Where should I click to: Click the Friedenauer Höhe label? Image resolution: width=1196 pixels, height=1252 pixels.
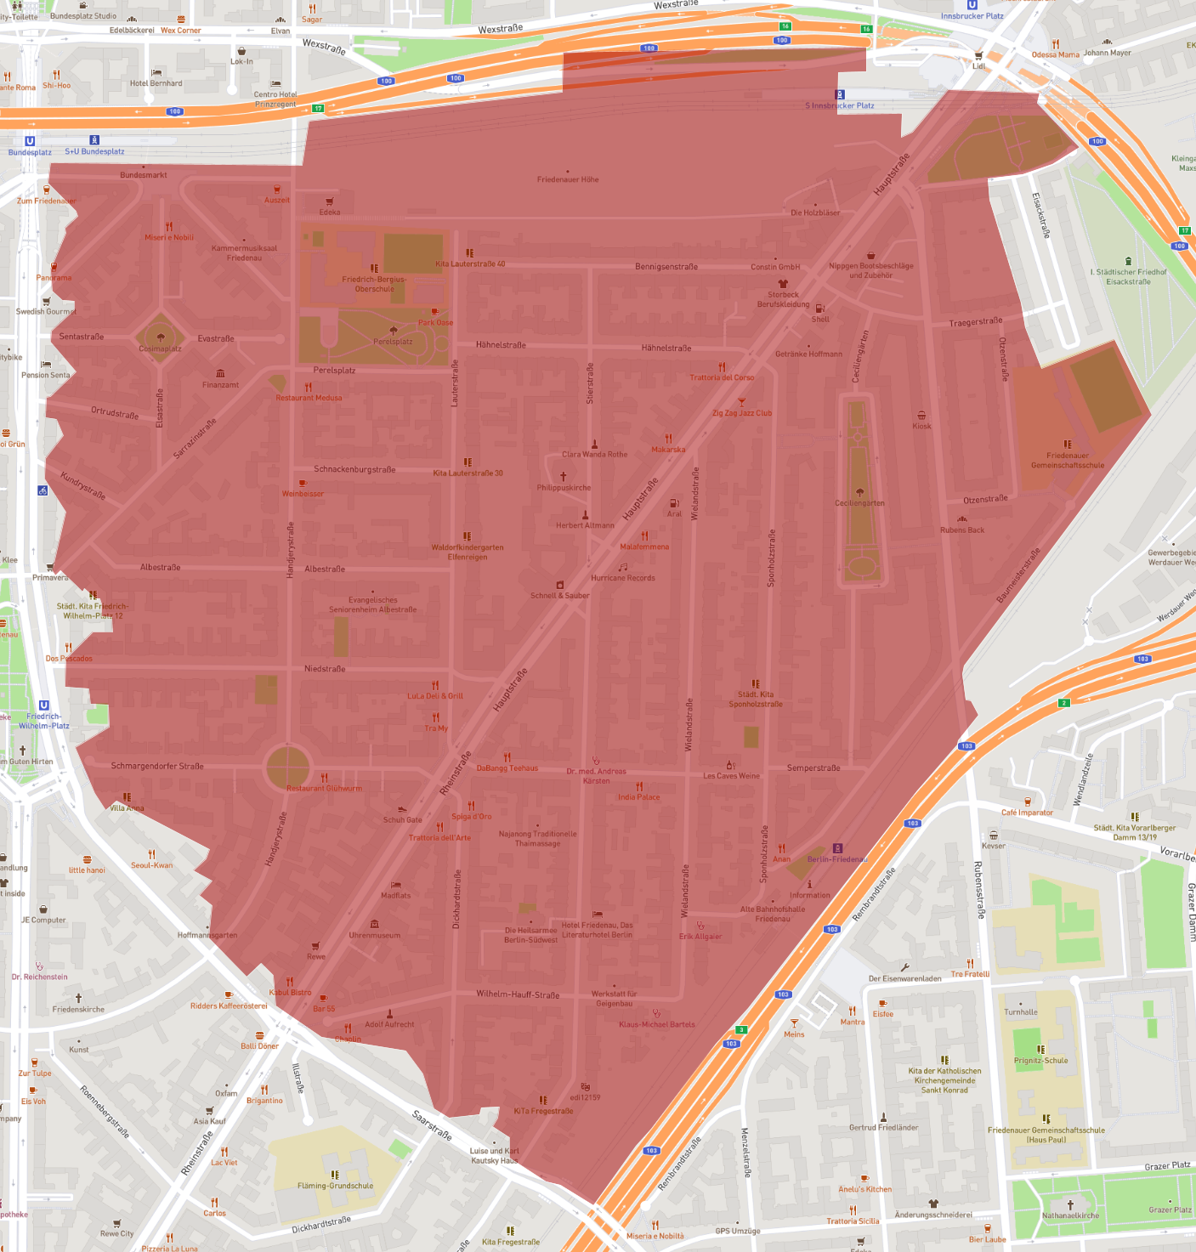click(x=568, y=179)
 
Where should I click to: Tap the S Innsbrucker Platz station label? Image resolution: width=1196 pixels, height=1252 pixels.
click(x=840, y=105)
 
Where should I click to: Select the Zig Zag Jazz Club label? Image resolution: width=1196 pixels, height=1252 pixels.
click(x=742, y=413)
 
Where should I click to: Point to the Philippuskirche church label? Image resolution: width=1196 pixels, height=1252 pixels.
click(x=564, y=488)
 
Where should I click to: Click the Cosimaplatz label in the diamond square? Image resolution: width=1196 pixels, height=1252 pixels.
click(x=160, y=348)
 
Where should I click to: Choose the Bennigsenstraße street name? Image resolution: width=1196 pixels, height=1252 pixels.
click(x=666, y=267)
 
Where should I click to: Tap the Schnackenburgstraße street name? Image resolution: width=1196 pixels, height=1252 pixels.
click(x=354, y=469)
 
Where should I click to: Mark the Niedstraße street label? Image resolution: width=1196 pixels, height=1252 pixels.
click(x=325, y=669)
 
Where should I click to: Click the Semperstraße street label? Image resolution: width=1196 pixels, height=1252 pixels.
click(x=813, y=768)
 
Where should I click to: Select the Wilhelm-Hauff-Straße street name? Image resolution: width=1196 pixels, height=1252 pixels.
click(x=518, y=994)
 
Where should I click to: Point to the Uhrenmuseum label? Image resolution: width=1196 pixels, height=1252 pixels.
click(x=374, y=935)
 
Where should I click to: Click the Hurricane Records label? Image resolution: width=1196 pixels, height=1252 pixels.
click(x=623, y=578)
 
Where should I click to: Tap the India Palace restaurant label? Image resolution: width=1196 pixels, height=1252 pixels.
click(x=638, y=797)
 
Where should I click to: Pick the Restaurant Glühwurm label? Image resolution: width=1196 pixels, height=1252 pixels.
click(x=324, y=788)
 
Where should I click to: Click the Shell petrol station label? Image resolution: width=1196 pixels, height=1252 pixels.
click(x=820, y=319)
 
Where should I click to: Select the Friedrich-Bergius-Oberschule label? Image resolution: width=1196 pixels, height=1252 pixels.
click(x=374, y=284)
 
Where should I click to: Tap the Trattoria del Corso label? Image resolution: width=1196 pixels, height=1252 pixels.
click(x=722, y=377)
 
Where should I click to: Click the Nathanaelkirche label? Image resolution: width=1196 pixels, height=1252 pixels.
click(x=1070, y=1215)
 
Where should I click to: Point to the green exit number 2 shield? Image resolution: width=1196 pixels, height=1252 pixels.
click(x=1063, y=703)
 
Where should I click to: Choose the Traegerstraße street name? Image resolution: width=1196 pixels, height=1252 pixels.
click(x=976, y=322)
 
